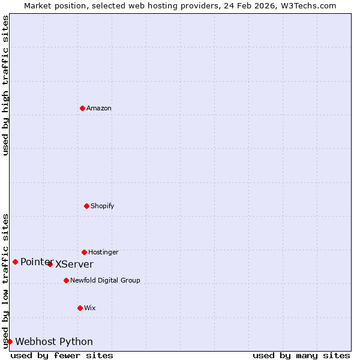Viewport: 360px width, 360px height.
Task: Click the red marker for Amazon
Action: click(82, 108)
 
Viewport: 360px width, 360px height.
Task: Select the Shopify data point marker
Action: click(86, 206)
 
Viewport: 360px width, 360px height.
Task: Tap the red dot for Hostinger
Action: click(84, 252)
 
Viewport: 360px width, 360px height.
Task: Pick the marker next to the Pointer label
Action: click(15, 262)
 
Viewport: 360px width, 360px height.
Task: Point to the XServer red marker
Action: click(50, 264)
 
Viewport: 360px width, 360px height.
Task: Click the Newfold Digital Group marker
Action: click(66, 280)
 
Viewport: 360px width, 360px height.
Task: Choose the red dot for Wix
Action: click(80, 308)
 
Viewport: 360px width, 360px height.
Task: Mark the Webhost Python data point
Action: click(10, 341)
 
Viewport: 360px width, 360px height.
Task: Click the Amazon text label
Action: click(99, 108)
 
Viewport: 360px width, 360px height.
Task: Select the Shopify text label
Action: click(103, 206)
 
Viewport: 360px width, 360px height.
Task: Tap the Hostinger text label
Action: click(103, 252)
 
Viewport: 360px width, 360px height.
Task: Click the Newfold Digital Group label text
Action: click(105, 280)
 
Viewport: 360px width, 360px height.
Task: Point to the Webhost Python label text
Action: click(54, 342)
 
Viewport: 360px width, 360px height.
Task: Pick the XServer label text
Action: click(74, 265)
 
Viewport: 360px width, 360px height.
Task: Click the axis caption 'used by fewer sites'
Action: click(62, 355)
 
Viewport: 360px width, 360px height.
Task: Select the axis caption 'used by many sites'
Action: click(301, 355)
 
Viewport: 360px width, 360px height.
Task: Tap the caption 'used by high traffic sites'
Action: click(5, 85)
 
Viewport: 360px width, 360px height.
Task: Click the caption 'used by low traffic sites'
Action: click(5, 280)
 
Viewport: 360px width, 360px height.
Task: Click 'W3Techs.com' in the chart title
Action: click(310, 5)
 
